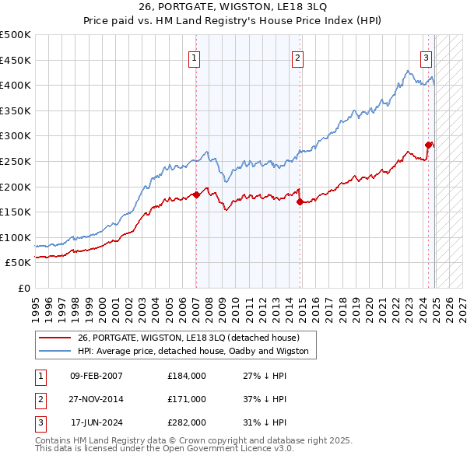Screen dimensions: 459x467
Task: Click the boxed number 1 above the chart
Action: click(x=192, y=56)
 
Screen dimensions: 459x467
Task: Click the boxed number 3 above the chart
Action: click(x=427, y=56)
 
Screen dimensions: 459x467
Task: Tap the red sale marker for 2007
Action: click(x=196, y=195)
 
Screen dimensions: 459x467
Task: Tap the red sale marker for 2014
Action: click(x=300, y=201)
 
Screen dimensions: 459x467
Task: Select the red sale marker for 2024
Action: click(x=428, y=145)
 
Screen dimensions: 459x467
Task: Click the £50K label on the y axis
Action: click(x=18, y=263)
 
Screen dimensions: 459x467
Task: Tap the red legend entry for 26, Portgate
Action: click(x=187, y=338)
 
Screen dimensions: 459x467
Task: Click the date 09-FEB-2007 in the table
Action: click(x=97, y=376)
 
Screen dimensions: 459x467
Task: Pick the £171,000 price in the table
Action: click(x=187, y=399)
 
